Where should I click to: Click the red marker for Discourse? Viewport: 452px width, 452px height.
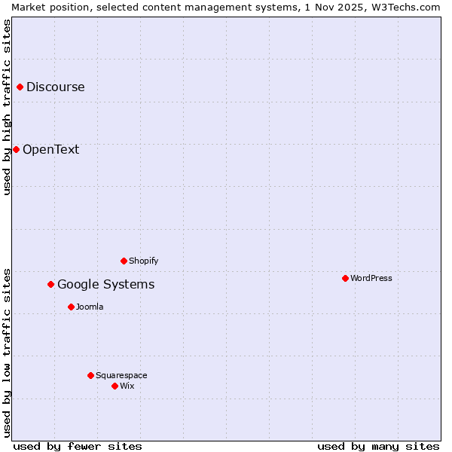coord(20,87)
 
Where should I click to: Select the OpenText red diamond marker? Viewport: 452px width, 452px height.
coord(16,149)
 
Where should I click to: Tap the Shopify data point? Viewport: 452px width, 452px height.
coord(124,261)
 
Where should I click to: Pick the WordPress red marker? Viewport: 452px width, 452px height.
coord(346,279)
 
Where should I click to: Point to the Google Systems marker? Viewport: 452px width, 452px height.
coord(51,285)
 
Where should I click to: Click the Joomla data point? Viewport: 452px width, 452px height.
coord(72,307)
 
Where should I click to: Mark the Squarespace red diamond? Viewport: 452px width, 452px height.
coord(91,375)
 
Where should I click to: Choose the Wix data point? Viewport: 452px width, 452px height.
coord(115,386)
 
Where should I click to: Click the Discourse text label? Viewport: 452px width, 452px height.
coord(56,87)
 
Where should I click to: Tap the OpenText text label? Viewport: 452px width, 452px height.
coord(50,149)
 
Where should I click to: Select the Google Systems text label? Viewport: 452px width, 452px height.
coord(105,285)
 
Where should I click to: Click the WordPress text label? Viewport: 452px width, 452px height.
coord(371,279)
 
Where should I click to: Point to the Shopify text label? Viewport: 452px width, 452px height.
coord(143,261)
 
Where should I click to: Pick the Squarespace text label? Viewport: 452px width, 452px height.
coord(121,375)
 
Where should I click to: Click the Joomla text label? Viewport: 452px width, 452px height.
coord(90,307)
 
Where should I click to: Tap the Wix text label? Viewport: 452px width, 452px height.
coord(127,386)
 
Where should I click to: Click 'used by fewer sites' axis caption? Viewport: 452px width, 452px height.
coord(78,446)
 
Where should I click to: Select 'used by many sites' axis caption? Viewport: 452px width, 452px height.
coord(378,446)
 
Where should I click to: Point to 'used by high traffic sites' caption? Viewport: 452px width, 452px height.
coord(7,107)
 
